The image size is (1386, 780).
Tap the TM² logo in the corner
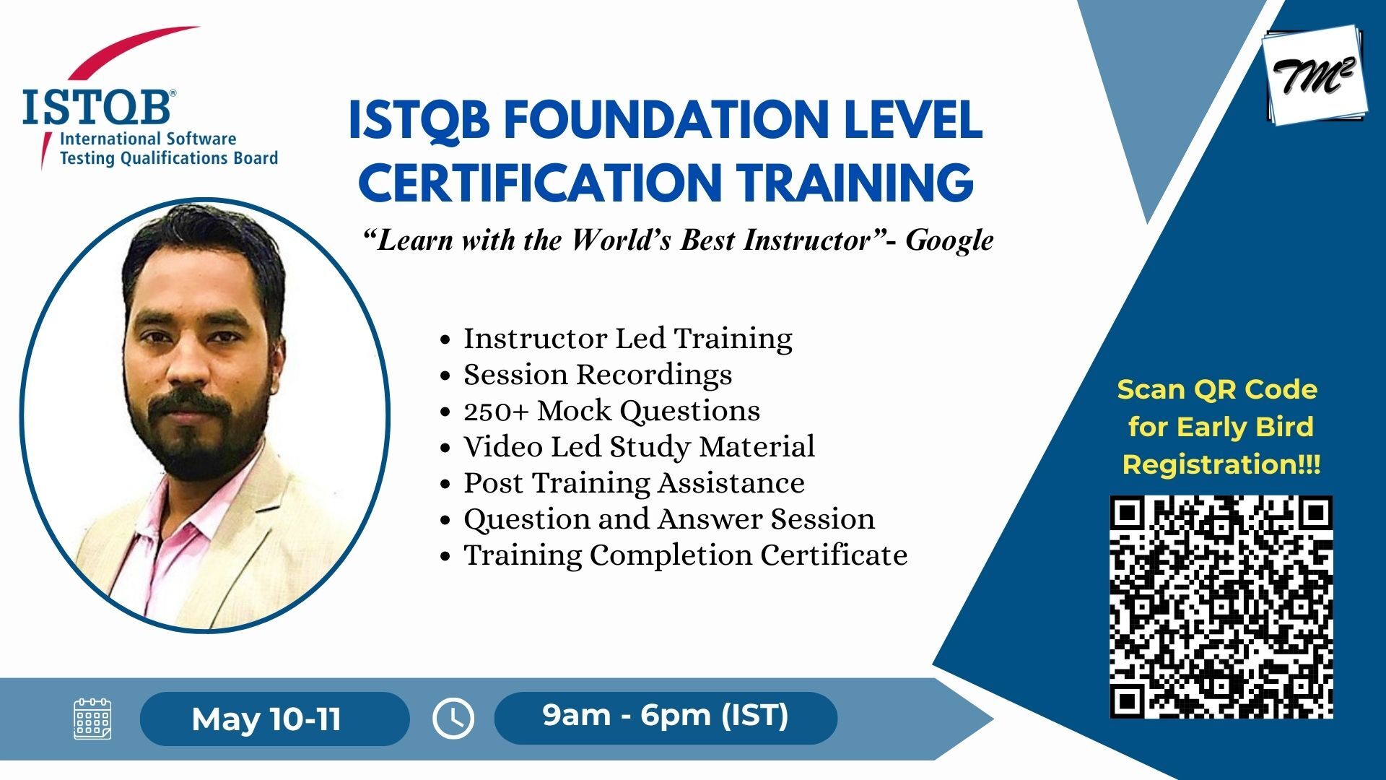(1315, 75)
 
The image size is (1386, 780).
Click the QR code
(1221, 607)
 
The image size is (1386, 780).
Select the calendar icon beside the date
(92, 719)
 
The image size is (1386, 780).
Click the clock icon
(453, 719)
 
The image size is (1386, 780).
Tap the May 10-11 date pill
(274, 719)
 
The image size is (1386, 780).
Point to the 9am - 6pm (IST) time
(666, 715)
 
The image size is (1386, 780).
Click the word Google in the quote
(949, 240)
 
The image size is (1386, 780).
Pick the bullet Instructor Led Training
(627, 338)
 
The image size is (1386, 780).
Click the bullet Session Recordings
(598, 374)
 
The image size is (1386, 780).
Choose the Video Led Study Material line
(639, 446)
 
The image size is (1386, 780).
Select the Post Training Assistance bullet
(634, 482)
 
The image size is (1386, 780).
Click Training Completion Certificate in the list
(685, 555)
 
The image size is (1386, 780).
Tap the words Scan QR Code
(1217, 389)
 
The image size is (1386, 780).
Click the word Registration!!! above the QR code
(1221, 464)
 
